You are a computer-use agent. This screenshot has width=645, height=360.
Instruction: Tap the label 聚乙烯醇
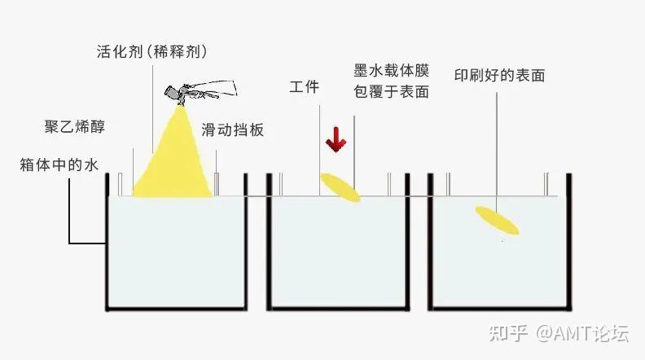pos(74,128)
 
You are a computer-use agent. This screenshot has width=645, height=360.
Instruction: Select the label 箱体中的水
pos(59,165)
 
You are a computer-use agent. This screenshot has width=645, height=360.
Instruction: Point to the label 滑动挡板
pos(233,130)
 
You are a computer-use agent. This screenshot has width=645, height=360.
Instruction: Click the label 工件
pos(304,87)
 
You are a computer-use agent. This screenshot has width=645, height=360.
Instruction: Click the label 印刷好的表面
pos(499,76)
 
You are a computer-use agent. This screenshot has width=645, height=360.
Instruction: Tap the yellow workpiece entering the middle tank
pos(340,187)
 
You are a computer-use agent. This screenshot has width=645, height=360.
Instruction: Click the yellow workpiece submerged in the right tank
pos(498,219)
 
